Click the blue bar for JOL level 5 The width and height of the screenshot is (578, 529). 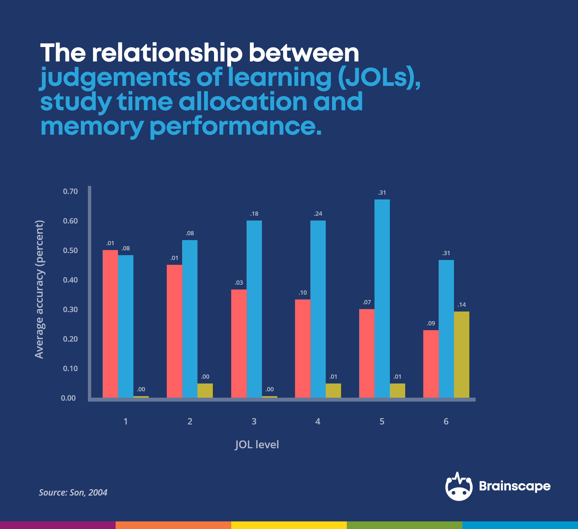[x=382, y=298]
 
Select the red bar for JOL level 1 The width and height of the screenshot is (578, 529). [x=110, y=324]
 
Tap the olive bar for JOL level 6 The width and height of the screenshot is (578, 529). [x=461, y=354]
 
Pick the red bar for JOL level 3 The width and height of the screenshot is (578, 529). [x=239, y=343]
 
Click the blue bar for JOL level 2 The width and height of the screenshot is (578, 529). [x=190, y=319]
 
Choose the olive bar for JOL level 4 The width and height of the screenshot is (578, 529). [x=333, y=390]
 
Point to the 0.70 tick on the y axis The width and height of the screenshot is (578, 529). [x=70, y=191]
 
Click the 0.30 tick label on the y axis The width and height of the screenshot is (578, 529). [x=70, y=309]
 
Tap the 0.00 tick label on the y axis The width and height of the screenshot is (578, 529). [x=68, y=398]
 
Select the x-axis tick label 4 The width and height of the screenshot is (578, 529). [x=318, y=421]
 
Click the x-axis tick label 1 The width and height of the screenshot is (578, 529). [x=126, y=421]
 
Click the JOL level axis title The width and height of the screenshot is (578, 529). [x=257, y=444]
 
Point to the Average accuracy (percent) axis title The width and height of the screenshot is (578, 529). [x=39, y=289]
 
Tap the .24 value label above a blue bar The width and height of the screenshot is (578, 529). [x=318, y=214]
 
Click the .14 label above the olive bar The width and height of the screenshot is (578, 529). [x=461, y=305]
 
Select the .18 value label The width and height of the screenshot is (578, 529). [x=254, y=214]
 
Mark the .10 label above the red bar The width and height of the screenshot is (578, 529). [x=303, y=293]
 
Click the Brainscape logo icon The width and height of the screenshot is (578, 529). [x=458, y=487]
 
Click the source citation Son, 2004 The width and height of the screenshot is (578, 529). [x=73, y=493]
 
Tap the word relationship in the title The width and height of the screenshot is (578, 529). [x=167, y=53]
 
